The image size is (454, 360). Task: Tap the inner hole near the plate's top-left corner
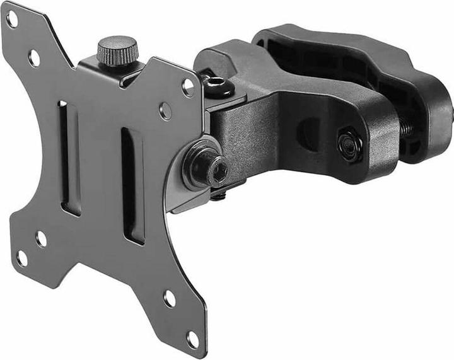(34, 58)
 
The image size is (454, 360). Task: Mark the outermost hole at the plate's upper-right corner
(188, 87)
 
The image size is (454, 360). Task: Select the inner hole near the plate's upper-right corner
(166, 112)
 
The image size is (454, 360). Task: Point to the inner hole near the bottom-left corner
(42, 238)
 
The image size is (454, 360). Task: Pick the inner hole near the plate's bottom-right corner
(169, 298)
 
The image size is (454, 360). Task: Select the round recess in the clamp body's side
(308, 133)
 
